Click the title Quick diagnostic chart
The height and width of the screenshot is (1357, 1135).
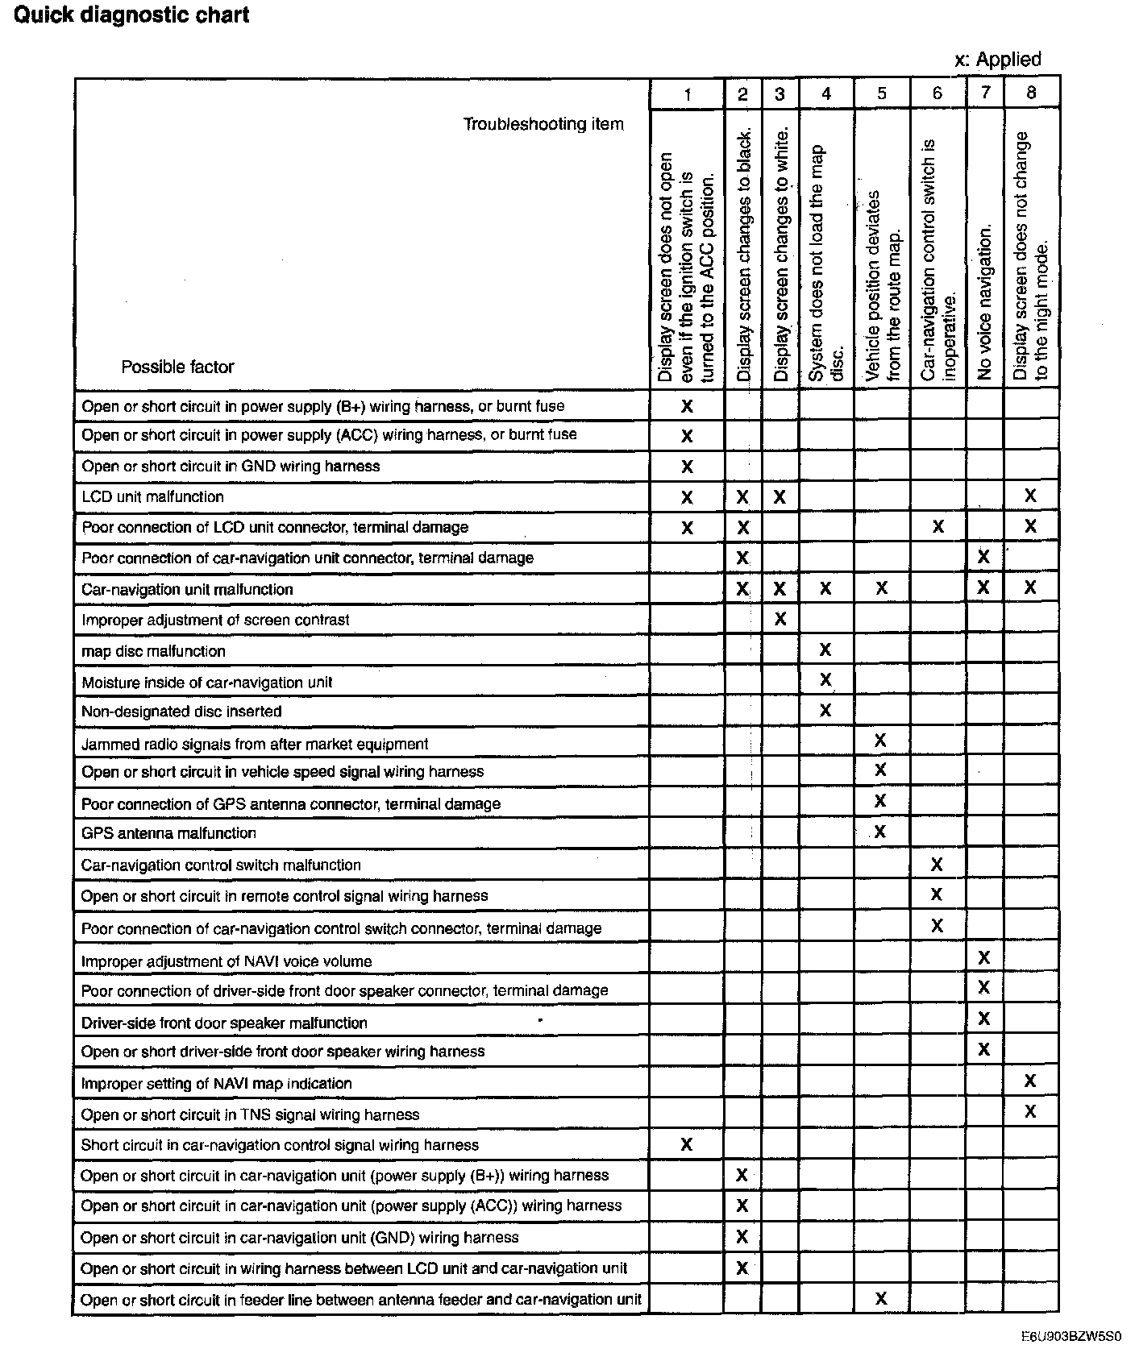click(x=131, y=15)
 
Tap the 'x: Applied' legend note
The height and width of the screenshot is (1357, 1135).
click(x=997, y=60)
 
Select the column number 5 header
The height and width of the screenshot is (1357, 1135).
click(x=881, y=93)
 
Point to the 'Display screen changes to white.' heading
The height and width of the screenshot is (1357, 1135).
click(x=780, y=253)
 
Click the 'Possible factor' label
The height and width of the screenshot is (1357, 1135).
click(x=177, y=367)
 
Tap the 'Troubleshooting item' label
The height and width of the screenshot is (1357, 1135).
click(x=543, y=124)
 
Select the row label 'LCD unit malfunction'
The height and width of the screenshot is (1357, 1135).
click(x=152, y=497)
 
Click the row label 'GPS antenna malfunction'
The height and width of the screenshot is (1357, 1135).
click(x=168, y=833)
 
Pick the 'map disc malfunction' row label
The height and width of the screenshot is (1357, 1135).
click(x=153, y=651)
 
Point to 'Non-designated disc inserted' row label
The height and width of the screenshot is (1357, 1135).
click(x=181, y=712)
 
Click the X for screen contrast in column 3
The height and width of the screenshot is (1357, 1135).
click(x=780, y=619)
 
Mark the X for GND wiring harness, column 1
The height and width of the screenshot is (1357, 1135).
click(x=687, y=467)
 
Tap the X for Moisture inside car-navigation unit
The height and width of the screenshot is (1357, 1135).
click(x=825, y=680)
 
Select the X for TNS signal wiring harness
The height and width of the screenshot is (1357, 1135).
click(x=1030, y=1112)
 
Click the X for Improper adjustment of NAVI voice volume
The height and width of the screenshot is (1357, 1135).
click(x=983, y=958)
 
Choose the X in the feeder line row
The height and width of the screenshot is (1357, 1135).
click(x=880, y=1298)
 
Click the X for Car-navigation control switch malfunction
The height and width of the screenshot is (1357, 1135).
click(x=937, y=865)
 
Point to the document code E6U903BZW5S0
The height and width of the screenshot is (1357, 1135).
click(x=1071, y=1335)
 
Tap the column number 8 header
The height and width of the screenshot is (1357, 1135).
click(x=1031, y=93)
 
